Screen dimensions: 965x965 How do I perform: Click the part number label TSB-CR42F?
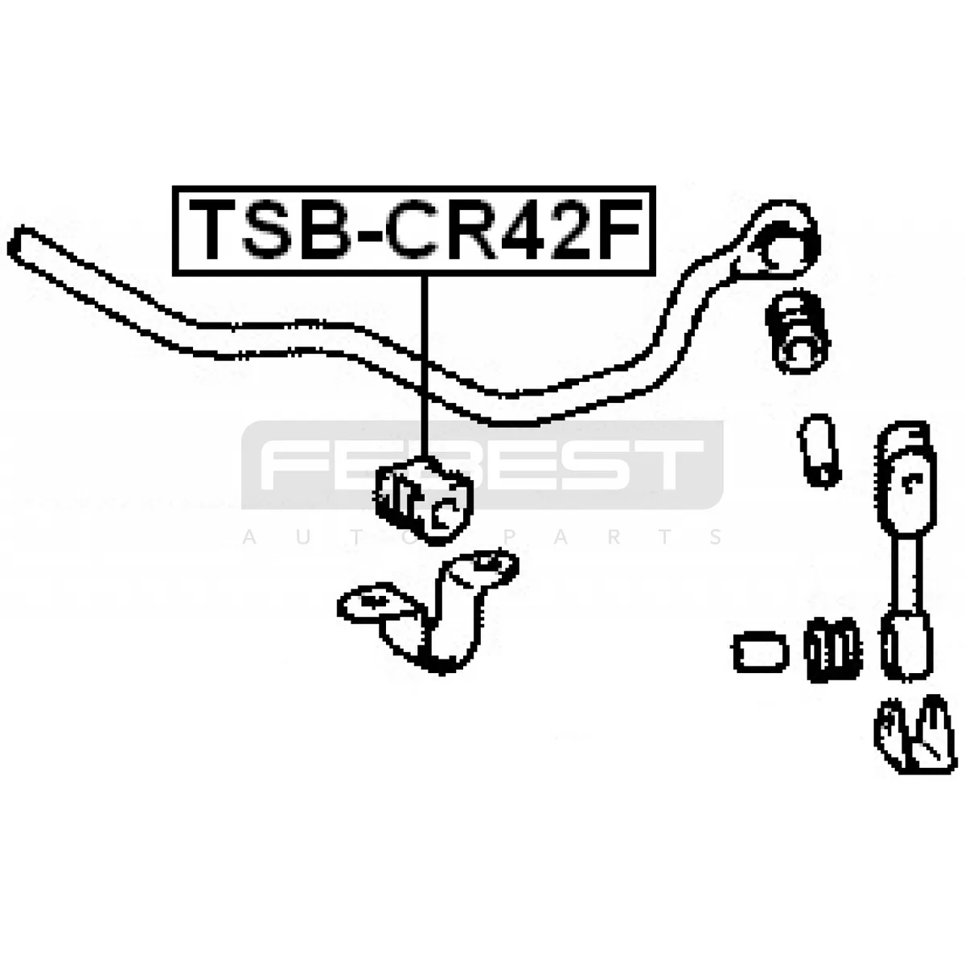coord(413,231)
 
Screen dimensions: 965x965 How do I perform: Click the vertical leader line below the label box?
coord(425,367)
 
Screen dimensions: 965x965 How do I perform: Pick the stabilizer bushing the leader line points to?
coord(424,499)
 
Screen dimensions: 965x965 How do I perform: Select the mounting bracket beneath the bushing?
coord(428,612)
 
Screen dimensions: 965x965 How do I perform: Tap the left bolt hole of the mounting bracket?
coord(371,600)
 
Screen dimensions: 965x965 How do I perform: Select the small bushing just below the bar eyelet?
coord(797,332)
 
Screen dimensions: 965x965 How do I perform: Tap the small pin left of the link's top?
coord(819,450)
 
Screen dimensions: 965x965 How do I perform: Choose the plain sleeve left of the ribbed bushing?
coord(760,651)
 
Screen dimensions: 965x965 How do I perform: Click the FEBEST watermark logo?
coord(482,466)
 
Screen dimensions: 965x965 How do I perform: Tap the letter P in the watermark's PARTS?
coord(508,537)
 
